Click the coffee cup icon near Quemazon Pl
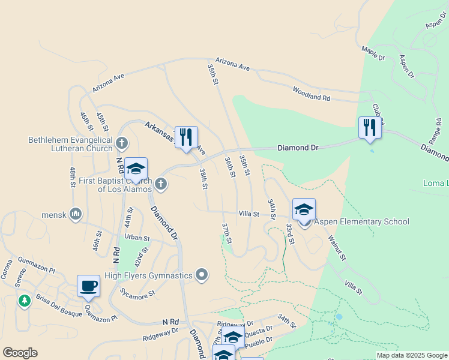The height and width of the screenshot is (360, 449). click(88, 286)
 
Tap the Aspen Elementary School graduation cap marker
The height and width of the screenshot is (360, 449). click(304, 210)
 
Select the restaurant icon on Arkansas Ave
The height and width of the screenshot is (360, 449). click(186, 137)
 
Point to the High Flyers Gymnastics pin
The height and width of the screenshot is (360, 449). click(202, 275)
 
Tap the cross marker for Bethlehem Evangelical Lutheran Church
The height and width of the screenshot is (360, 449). click(122, 143)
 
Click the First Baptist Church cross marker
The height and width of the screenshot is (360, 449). click(160, 184)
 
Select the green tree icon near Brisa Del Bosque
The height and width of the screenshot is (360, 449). click(25, 301)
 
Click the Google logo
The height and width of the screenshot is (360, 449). click(20, 353)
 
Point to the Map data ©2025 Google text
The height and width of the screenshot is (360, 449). click(411, 355)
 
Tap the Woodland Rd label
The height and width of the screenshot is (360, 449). click(312, 93)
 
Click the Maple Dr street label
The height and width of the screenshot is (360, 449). click(373, 53)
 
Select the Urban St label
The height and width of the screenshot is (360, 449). click(137, 237)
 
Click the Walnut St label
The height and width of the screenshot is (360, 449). click(337, 248)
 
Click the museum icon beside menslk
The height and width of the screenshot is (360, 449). click(76, 214)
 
